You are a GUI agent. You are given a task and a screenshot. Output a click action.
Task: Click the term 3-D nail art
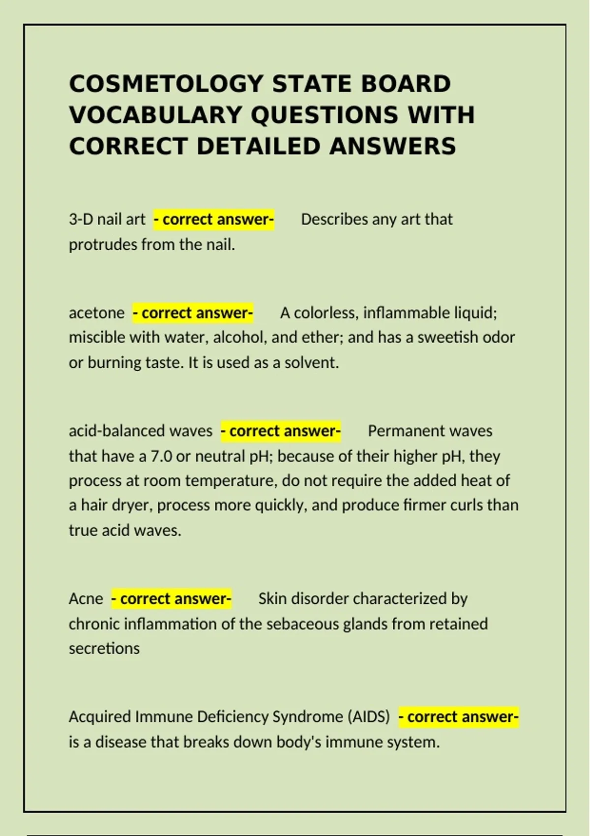[x=107, y=219]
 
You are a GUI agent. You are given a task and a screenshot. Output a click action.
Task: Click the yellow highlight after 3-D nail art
[x=213, y=219]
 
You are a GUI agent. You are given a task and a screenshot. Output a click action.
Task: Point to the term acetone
[x=96, y=313]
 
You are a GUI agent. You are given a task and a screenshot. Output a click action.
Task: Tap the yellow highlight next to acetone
[x=193, y=313]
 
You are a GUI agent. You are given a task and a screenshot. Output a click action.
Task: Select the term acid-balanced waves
[x=140, y=431]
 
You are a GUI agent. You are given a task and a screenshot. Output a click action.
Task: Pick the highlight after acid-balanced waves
[x=280, y=431]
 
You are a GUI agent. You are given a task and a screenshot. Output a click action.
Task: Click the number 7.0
[x=161, y=456]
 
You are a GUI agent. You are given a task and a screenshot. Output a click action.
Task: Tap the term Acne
[x=86, y=599]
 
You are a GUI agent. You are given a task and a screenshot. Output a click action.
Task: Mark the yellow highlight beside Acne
[x=171, y=599]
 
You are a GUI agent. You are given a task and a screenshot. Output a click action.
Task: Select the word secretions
[x=104, y=649]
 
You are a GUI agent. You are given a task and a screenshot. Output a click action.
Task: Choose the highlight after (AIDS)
[x=458, y=717]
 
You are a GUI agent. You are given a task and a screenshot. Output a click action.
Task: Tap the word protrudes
[x=103, y=244]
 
